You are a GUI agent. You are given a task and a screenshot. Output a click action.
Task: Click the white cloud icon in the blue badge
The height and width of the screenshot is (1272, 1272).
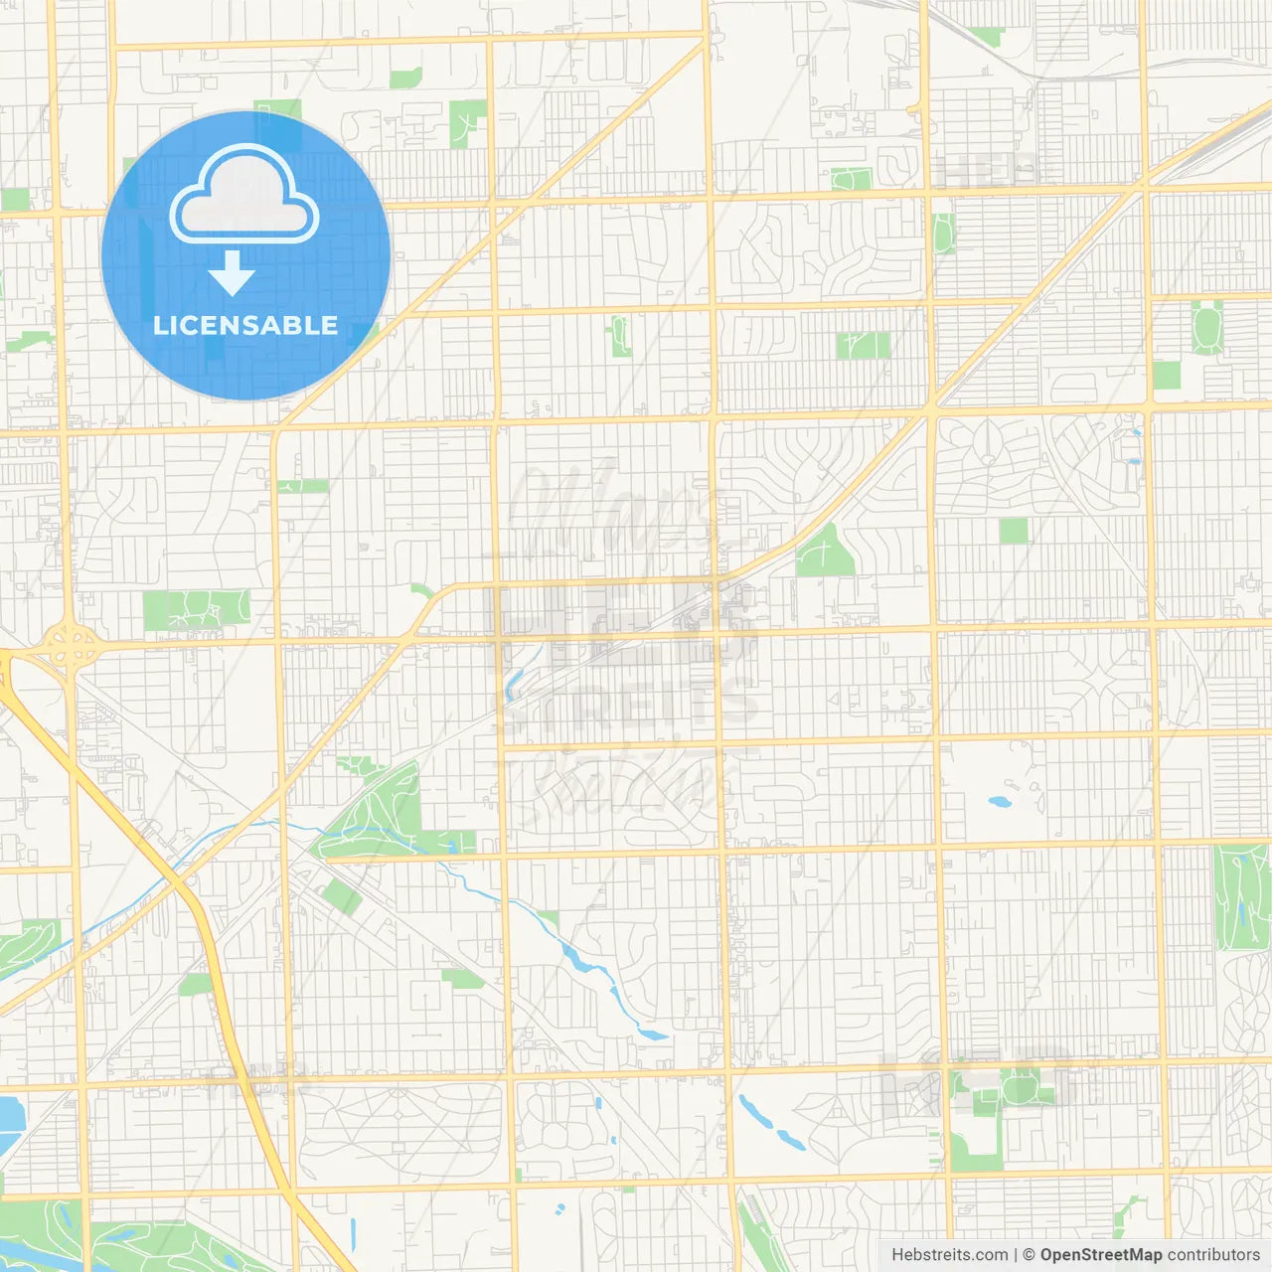[244, 195]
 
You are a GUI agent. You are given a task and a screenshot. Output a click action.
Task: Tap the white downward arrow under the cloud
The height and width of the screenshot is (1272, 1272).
[232, 273]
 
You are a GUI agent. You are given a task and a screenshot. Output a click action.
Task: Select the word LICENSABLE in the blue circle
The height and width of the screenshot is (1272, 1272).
[245, 325]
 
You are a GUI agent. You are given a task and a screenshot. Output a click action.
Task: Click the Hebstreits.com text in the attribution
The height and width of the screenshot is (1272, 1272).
[949, 1255]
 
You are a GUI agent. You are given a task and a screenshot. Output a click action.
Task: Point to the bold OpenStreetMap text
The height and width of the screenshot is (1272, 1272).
[1100, 1255]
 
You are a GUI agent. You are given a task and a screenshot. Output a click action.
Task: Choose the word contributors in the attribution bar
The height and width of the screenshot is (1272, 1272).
[1213, 1255]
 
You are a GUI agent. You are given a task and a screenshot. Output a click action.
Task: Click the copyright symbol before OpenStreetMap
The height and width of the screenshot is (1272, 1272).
[1029, 1255]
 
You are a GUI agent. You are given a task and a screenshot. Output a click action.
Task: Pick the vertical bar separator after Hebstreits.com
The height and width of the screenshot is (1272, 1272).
[1015, 1255]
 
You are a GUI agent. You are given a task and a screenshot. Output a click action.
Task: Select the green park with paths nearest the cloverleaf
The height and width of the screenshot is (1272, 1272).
[196, 609]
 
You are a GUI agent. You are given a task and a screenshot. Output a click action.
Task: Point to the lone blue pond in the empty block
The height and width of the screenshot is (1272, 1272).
[998, 801]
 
